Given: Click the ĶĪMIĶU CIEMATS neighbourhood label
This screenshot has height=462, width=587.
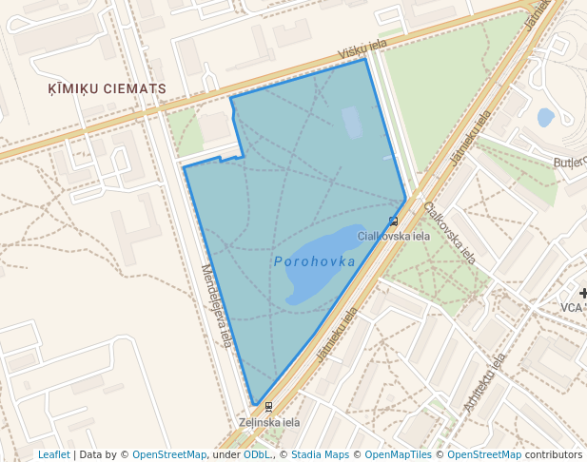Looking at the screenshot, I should (108, 88).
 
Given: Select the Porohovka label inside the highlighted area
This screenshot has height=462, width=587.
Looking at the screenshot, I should (314, 261).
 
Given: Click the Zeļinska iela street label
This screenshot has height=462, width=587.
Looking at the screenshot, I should (269, 422).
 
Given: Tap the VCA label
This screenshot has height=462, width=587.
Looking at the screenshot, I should (571, 307).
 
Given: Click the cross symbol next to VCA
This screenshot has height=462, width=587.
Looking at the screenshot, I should (583, 293).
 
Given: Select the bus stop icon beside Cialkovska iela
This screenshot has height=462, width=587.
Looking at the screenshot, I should (393, 221).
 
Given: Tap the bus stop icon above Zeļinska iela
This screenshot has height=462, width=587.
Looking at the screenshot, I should (268, 406).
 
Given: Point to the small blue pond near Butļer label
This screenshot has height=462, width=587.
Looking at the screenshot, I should (545, 118).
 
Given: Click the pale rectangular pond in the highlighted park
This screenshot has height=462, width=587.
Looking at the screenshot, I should (352, 123).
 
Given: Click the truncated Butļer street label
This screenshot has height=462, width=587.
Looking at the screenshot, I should (570, 163).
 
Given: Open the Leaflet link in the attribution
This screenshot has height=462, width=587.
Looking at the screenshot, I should (53, 455).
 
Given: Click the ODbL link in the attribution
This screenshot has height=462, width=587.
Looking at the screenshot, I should (256, 455).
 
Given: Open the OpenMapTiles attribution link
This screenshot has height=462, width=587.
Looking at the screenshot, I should (398, 455).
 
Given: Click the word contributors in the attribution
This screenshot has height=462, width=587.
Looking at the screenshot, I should (554, 455).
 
